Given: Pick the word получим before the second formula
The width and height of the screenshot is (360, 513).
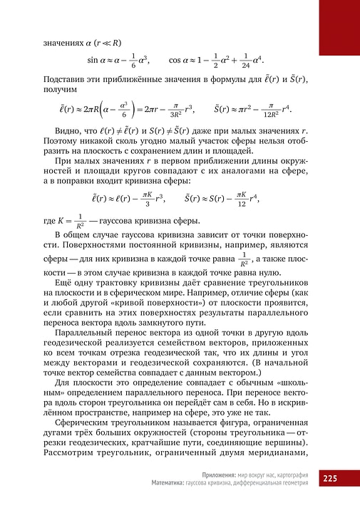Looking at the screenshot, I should click(60, 90).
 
